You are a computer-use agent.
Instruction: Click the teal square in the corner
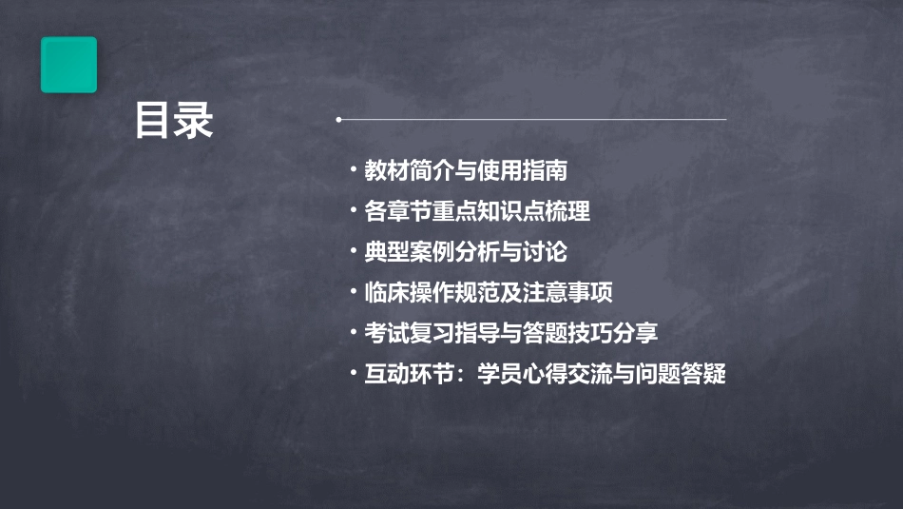pyautogui.click(x=68, y=65)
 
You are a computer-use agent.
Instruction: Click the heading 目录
pyautogui.click(x=174, y=121)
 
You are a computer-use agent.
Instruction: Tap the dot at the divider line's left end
pyautogui.click(x=338, y=120)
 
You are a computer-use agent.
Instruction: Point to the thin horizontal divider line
pyautogui.click(x=532, y=120)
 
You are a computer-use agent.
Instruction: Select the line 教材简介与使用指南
pyautogui.click(x=466, y=171)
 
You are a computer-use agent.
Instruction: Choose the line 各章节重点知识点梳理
pyautogui.click(x=476, y=211)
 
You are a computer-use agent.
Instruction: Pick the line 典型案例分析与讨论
pyautogui.click(x=466, y=252)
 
